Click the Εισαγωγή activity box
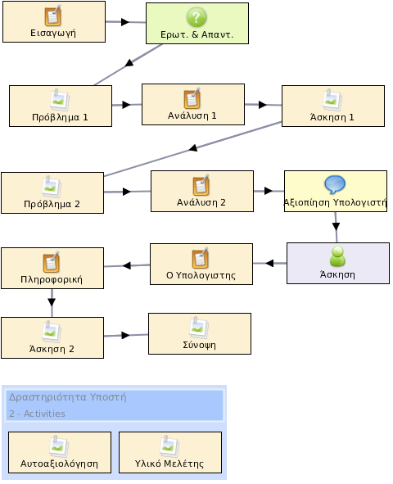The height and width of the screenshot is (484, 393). click(x=54, y=21)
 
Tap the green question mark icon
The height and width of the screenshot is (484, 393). click(x=196, y=17)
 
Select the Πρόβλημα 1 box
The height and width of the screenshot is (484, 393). click(x=61, y=106)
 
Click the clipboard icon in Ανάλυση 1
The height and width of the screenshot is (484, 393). click(x=192, y=98)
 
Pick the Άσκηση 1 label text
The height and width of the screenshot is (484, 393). click(x=332, y=117)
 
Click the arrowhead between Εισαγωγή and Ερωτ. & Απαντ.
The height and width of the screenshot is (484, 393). click(x=125, y=22)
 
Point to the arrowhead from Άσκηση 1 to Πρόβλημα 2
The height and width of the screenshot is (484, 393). click(x=193, y=148)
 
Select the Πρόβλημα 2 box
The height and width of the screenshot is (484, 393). click(x=52, y=193)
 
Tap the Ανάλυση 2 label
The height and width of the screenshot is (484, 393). click(x=201, y=202)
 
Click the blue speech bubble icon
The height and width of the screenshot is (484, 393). click(x=335, y=184)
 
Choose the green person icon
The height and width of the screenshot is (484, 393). click(x=338, y=256)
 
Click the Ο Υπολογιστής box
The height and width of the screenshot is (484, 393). click(x=201, y=264)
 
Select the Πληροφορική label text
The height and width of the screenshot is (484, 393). click(x=52, y=279)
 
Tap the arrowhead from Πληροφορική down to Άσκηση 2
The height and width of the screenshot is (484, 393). click(x=52, y=302)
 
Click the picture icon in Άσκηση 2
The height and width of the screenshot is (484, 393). click(x=52, y=331)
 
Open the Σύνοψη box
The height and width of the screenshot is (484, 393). click(x=200, y=333)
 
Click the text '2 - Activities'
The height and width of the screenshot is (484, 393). click(x=37, y=414)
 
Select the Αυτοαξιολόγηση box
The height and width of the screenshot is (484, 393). click(x=60, y=453)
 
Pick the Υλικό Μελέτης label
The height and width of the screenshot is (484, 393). click(x=169, y=464)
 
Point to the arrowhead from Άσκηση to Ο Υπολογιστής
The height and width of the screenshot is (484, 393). click(x=269, y=264)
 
